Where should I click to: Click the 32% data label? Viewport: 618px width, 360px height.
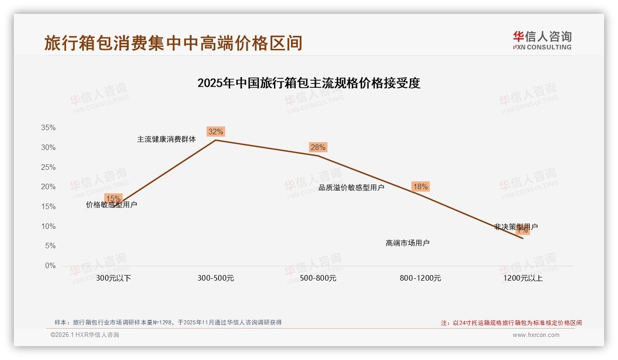(215, 132)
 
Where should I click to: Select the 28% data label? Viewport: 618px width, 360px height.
(318, 148)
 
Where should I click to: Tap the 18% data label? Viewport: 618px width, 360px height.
(420, 187)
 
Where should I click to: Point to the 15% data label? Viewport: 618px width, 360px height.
(113, 198)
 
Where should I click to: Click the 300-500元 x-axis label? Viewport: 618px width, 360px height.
(215, 278)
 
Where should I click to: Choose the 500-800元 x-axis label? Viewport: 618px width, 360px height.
(318, 278)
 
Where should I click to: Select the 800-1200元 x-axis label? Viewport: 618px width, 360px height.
(420, 278)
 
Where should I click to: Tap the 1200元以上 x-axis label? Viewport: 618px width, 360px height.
(523, 278)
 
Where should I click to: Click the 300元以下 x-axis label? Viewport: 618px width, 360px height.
(113, 278)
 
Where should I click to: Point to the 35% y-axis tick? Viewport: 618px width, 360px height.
(48, 128)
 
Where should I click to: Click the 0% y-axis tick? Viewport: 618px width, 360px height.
(50, 266)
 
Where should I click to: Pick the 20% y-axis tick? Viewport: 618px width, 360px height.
(48, 187)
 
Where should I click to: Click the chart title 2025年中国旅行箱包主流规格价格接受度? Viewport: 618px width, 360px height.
(309, 84)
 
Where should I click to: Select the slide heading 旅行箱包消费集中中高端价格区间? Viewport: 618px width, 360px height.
(173, 43)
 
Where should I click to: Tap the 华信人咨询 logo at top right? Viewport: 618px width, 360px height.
(542, 40)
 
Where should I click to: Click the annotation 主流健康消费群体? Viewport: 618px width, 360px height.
(166, 139)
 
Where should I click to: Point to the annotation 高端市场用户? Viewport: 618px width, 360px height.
(407, 243)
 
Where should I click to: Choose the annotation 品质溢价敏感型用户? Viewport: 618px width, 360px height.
(351, 187)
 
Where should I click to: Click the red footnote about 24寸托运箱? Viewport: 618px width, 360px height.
(511, 323)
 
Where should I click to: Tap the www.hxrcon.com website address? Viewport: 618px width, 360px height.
(536, 335)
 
